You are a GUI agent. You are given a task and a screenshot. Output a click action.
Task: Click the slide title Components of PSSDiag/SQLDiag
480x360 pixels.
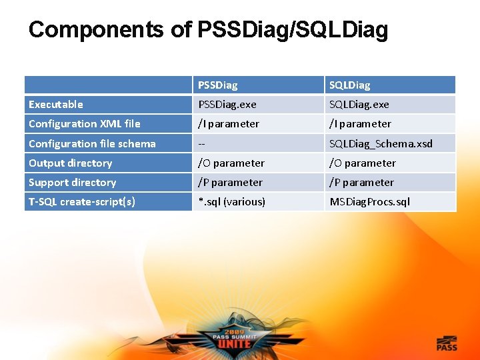coord(207,30)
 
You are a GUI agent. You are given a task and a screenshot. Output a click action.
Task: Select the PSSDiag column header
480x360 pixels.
coord(217,85)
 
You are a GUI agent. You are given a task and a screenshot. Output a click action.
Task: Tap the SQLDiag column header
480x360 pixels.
coord(349,85)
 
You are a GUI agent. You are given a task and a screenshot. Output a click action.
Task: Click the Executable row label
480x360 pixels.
coord(56,105)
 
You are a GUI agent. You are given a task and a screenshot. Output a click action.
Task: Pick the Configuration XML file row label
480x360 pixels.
coord(84,124)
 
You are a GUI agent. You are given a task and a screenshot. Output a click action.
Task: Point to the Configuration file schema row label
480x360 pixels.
coord(92,143)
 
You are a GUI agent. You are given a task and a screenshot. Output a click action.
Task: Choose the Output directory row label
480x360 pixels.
coord(70,163)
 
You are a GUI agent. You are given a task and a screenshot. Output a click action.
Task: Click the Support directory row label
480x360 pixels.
coord(72,182)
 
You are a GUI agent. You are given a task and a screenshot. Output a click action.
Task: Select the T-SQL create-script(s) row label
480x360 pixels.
coord(81,201)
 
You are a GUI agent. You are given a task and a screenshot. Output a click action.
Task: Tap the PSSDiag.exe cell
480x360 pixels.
coord(227,105)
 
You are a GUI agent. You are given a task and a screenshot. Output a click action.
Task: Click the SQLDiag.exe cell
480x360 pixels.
coord(359,105)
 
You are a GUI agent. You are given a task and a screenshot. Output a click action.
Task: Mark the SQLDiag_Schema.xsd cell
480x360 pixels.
coord(381,143)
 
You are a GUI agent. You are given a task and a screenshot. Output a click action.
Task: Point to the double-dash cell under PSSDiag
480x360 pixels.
coord(201,143)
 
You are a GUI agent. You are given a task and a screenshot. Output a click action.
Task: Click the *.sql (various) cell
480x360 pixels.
coord(231,201)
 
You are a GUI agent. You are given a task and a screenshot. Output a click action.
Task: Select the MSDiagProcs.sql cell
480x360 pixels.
coord(369,201)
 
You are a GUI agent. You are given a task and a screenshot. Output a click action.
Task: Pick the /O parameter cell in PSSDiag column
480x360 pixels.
coord(231,163)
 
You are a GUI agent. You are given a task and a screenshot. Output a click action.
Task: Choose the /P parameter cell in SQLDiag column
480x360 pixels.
coord(361,182)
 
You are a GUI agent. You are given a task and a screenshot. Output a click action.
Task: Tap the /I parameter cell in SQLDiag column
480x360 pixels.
coord(360,124)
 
